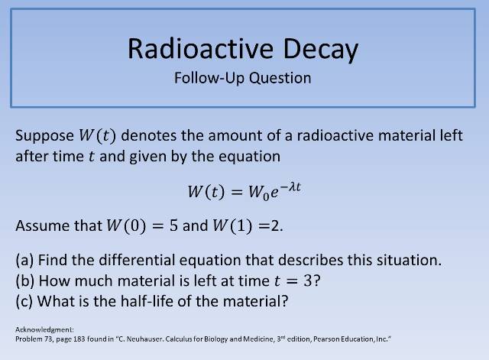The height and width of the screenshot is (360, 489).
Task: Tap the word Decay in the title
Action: (321, 50)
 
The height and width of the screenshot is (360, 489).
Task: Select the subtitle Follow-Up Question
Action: (242, 78)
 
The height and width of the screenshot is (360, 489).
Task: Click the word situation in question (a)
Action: (410, 260)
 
